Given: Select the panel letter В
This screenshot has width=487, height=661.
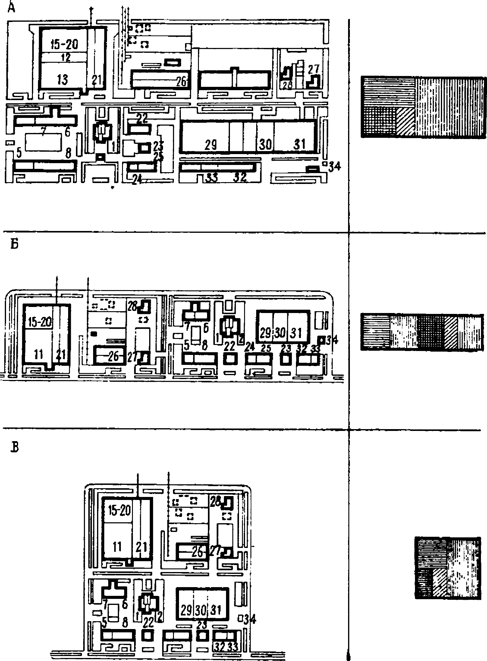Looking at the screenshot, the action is tap(14, 448).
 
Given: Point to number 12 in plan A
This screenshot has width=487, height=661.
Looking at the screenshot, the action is tap(66, 57).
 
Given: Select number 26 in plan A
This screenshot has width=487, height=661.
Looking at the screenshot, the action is tap(182, 81).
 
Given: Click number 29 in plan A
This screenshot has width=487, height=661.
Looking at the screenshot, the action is tap(210, 145).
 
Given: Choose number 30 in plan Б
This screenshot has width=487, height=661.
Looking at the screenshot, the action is tap(280, 333).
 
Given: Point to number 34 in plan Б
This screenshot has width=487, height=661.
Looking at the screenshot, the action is tap(332, 340).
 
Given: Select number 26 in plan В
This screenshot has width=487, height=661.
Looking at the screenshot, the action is tap(197, 553).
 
